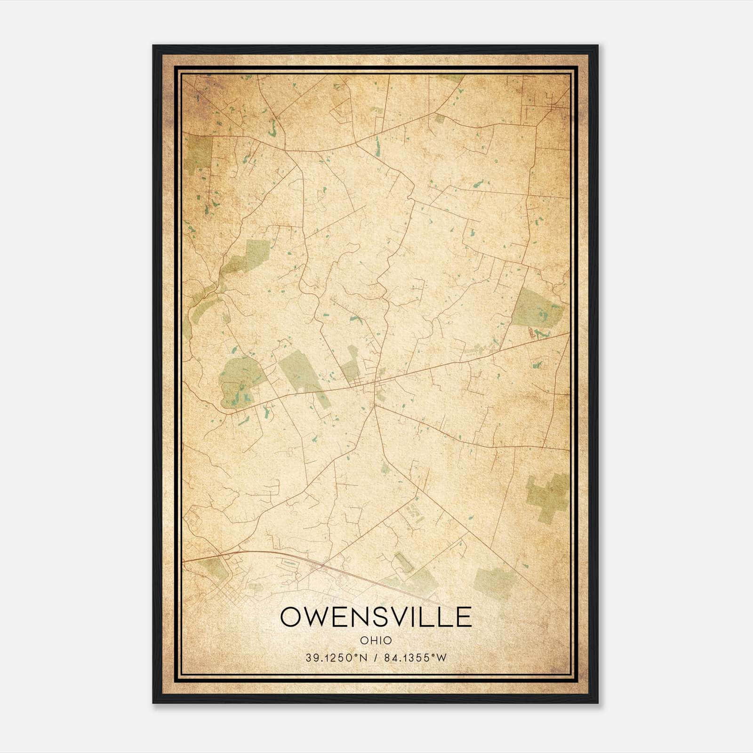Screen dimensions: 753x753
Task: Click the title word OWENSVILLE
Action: tap(376, 617)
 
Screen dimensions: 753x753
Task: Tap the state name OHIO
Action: tap(376, 640)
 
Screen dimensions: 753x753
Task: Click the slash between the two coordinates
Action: tap(376, 658)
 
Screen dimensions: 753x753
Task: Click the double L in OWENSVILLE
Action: tap(443, 617)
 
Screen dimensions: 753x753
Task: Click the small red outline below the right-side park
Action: tap(532, 333)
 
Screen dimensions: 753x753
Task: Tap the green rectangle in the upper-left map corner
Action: tap(199, 153)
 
